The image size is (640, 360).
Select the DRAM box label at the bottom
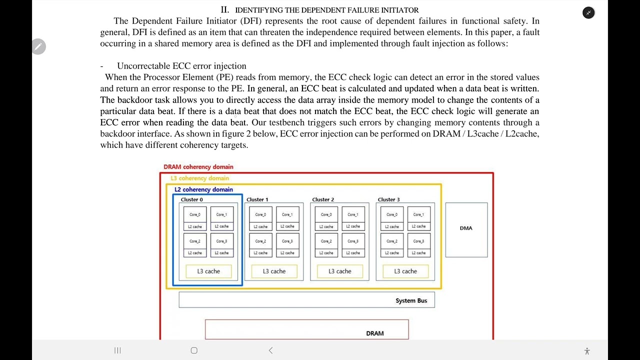click(x=374, y=333)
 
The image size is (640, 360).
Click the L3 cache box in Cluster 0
click(x=208, y=271)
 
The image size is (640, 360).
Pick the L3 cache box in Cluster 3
click(x=405, y=271)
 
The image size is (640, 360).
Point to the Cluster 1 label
click(x=257, y=199)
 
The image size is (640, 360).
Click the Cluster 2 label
click(x=323, y=199)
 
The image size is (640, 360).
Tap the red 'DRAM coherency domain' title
click(x=198, y=167)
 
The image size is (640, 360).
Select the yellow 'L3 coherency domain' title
click(x=199, y=178)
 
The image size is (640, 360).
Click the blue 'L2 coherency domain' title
click(x=203, y=189)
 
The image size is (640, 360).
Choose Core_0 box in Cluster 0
click(x=195, y=214)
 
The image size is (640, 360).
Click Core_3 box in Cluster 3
click(x=418, y=241)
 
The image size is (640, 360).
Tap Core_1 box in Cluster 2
click(x=352, y=214)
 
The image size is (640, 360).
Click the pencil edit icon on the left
click(x=38, y=46)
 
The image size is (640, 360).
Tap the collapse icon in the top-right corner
click(x=588, y=13)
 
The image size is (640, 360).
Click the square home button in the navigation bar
click(x=194, y=350)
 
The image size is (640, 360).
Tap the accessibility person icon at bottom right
click(x=587, y=351)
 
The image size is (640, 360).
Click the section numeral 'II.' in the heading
click(x=225, y=10)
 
